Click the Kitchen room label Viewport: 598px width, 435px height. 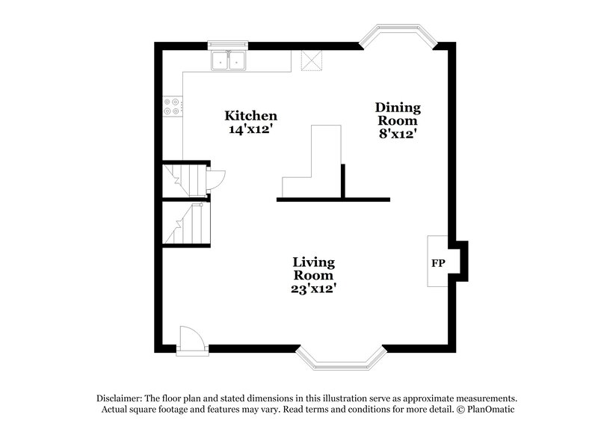pos(251,116)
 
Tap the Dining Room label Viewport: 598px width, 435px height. pos(397,114)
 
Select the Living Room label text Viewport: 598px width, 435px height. pos(313,268)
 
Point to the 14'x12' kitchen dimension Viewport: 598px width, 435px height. pos(251,129)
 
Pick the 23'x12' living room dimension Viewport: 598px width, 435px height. pos(313,287)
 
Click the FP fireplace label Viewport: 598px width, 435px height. pos(437,264)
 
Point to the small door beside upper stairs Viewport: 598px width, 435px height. pos(218,178)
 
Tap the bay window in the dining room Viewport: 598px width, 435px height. pos(397,38)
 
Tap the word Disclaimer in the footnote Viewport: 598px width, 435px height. pos(121,398)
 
